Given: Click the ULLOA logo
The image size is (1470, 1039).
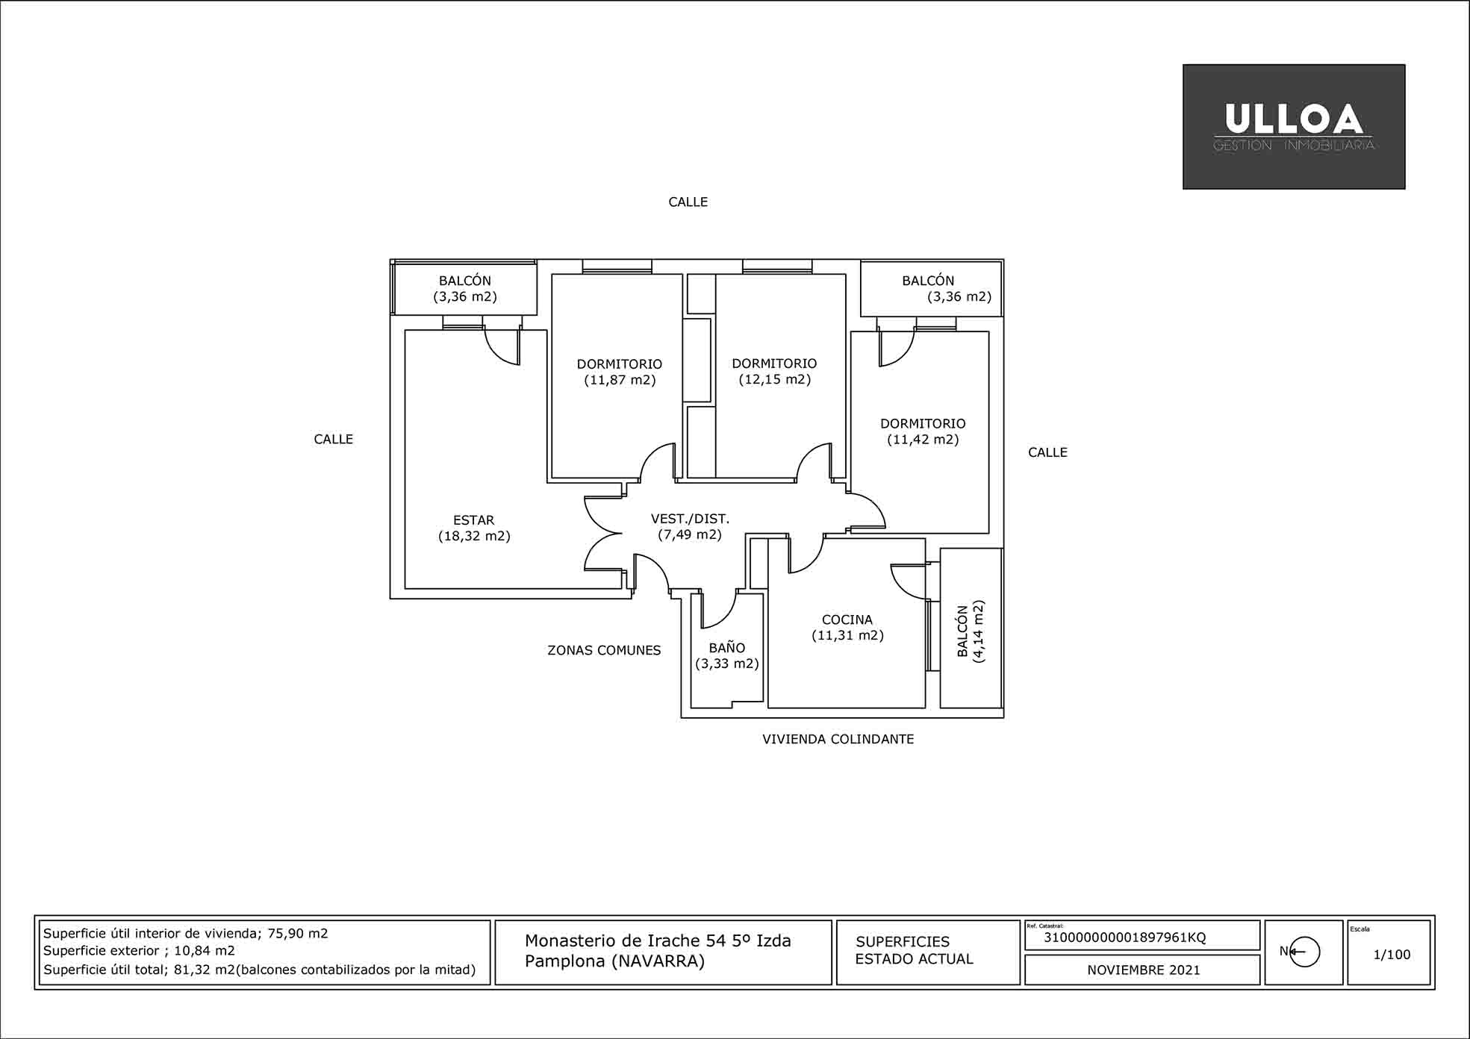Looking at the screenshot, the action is pos(1294,126).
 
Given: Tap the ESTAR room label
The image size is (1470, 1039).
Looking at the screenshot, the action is pos(473,520).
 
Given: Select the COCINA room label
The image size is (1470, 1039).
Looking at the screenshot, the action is pos(847,620).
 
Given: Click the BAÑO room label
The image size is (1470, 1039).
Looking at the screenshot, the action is pos(727,647).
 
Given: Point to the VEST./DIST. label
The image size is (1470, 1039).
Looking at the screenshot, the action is pos(690,519).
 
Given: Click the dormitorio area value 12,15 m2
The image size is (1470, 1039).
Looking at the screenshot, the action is pos(775,379).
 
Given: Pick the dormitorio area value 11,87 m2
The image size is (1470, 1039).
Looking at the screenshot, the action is pos(620,380).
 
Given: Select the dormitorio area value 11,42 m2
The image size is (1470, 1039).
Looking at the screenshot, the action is pos(923,440).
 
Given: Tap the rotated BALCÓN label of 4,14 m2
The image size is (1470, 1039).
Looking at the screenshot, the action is pos(963,631).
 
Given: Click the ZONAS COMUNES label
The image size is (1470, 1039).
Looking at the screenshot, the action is pos(604,650).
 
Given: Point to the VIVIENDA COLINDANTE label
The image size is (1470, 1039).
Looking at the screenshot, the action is pos(838,739).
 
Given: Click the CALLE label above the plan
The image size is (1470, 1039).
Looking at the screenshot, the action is pos(688,202).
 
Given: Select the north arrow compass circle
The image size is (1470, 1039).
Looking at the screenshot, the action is pos(1304,952).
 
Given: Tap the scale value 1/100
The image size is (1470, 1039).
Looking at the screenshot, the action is pos(1392,955).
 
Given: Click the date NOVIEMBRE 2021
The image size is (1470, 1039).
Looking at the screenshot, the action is pos(1144,970).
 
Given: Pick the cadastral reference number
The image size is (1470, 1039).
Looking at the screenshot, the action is pos(1124,937).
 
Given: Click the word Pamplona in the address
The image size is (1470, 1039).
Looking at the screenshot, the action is pos(565,961).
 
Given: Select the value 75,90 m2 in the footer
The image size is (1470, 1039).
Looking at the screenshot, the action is pos(298,933).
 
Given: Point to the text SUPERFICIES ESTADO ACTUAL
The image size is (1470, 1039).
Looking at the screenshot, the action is pos(915,950).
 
